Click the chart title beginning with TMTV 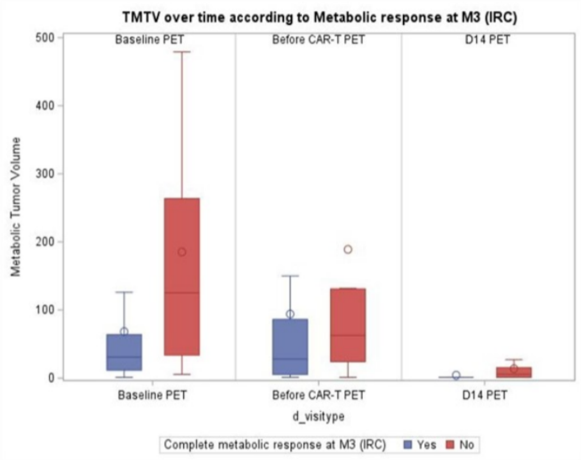(320, 17)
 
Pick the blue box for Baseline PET (124, 352)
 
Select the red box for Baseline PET (182, 277)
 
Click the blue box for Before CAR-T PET (290, 347)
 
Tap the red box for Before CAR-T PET (348, 325)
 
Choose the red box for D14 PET (514, 372)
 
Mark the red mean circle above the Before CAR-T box (348, 249)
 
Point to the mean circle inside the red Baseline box (182, 252)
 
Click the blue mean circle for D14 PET (456, 375)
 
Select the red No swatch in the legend (450, 445)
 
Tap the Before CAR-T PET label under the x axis (319, 395)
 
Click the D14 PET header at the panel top (485, 40)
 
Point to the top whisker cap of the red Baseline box (182, 52)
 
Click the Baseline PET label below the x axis (153, 395)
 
